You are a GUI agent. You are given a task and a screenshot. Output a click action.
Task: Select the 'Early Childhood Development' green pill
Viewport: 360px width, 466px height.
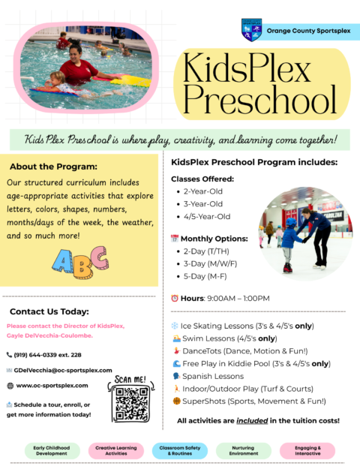point(52,450)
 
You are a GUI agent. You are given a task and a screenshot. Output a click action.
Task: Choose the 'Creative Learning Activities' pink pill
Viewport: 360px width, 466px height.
point(115,450)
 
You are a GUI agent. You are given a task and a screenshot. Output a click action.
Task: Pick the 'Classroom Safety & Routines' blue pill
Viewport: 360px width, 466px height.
point(179,450)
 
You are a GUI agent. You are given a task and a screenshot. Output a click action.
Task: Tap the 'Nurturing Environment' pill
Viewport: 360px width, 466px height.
point(243,450)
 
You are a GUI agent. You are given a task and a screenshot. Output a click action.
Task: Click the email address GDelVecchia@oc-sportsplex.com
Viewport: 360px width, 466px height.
point(63,370)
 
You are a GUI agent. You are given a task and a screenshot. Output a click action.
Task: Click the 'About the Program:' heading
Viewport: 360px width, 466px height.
point(54,167)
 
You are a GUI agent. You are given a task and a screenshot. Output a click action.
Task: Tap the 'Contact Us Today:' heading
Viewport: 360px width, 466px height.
point(49,311)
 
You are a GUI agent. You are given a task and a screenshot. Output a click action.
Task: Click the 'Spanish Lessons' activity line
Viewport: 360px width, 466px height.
point(214,376)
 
